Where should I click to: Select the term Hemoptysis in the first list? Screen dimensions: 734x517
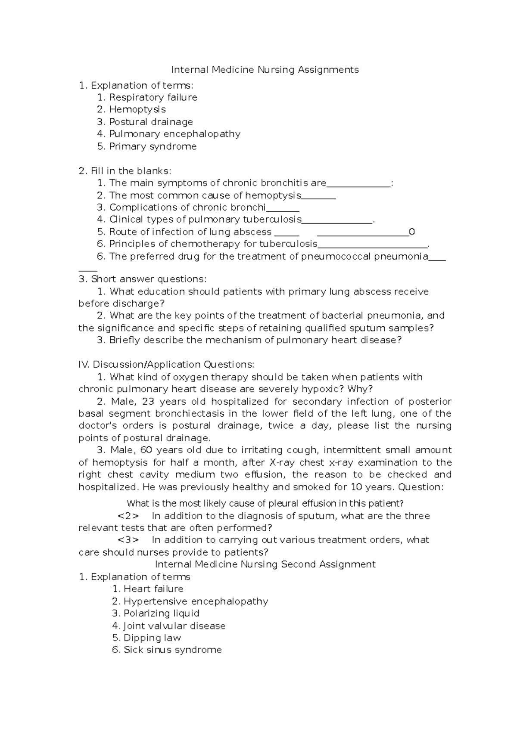137,109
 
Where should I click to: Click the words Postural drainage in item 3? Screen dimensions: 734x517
151,122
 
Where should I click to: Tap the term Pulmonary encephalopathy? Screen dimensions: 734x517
174,134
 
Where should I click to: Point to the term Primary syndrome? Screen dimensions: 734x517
153,146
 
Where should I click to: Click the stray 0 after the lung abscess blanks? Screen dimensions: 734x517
412,232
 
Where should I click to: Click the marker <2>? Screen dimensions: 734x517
128,516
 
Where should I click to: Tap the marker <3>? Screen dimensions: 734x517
128,540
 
